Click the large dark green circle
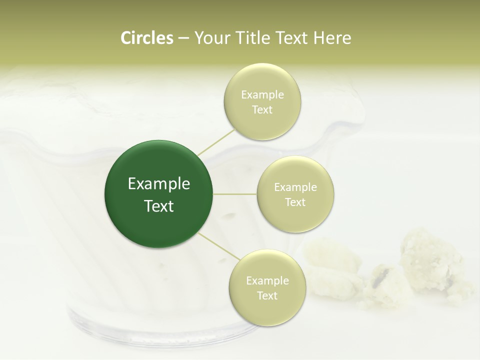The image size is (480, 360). pos(159,194)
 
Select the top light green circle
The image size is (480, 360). pos(262,101)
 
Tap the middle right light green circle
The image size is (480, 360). pos(295,194)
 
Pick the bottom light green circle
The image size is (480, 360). pos(267,287)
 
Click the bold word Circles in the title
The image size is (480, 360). pos(146,38)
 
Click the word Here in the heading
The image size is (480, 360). pos(332,38)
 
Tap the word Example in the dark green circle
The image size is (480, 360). pos(159,184)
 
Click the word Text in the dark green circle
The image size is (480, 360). pos(159,206)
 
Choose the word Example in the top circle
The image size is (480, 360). pos(262,95)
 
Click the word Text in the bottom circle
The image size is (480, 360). pos(267,295)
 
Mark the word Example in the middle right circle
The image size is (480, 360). pos(295,187)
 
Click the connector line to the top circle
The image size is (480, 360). pos(216,142)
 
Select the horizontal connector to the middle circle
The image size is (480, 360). pos(235,193)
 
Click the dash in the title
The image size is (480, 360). pos(183,38)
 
